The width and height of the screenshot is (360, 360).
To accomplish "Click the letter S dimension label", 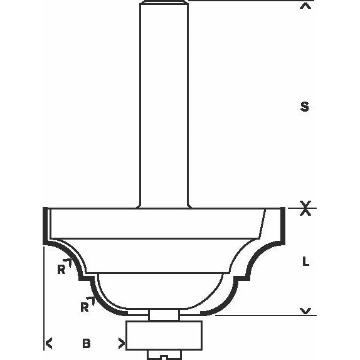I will [305, 107].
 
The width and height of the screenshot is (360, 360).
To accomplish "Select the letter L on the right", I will [305, 262].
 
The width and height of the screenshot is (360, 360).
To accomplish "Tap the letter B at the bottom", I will [86, 343].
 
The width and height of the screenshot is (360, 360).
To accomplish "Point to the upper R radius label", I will [61, 270].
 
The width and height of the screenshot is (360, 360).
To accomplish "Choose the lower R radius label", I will [83, 307].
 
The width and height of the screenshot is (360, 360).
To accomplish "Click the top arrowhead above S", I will [305, 8].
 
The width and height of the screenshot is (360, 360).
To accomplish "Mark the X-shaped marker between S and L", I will [305, 209].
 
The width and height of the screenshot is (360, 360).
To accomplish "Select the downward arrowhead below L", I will [305, 311].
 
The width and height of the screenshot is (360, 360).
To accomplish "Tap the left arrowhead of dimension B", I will [48, 343].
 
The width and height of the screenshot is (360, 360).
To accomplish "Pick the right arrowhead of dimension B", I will [121, 343].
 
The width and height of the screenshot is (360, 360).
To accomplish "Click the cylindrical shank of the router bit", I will [164, 107].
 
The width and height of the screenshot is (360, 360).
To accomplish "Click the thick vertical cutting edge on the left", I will [44, 226].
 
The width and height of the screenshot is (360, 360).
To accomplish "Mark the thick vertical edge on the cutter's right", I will [283, 226].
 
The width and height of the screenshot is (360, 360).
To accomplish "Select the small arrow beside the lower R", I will [92, 302].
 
